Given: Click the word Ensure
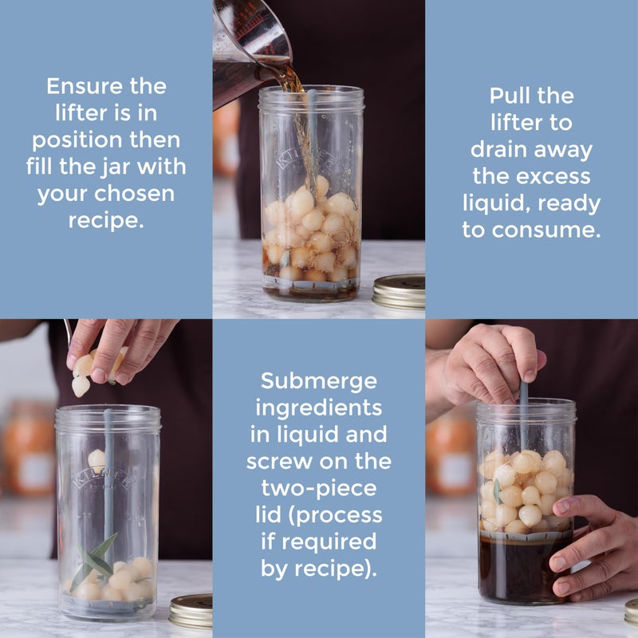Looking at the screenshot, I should coord(77,85).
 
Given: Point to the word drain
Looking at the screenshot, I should coord(503,149).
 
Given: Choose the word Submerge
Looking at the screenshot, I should coord(318,380).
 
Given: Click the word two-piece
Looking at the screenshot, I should coord(318,488).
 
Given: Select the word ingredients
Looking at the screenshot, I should coord(318,408).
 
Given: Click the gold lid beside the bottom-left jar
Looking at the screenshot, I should coord(191,610).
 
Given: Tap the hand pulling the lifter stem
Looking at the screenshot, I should coord(486,363).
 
